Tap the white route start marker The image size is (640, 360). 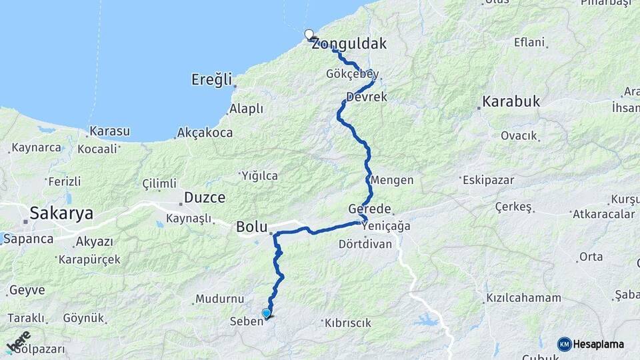coord(309,34)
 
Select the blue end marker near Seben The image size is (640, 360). coord(267,313)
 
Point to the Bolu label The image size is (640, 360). coord(252,227)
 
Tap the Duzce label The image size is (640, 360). coord(204,197)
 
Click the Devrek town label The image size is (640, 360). coord(367,97)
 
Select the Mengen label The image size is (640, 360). coord(392,180)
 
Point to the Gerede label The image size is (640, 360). coord(369,209)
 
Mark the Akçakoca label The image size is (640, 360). coord(205,133)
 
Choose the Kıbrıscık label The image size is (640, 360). coord(347,323)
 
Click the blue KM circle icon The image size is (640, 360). coord(564,344)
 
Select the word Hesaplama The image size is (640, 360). coord(599,344)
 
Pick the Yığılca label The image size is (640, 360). coord(259,175)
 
